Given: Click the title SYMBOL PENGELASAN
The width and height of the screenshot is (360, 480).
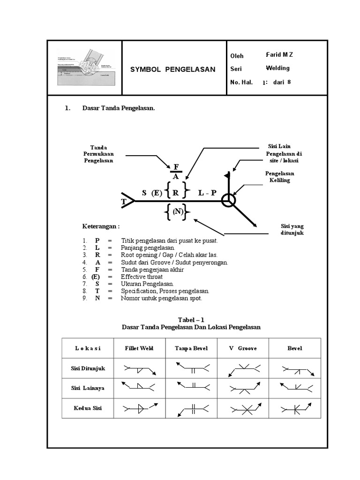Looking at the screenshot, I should [x=172, y=69].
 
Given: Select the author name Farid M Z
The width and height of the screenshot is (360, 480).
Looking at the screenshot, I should [x=279, y=55].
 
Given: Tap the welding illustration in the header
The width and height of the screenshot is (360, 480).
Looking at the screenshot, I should [x=84, y=68].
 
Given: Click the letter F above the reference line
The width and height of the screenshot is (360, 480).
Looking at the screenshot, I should [x=176, y=167].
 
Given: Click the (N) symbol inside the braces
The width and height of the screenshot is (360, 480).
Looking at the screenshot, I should [x=177, y=212].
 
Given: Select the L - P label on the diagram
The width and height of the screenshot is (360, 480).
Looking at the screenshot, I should [x=207, y=193].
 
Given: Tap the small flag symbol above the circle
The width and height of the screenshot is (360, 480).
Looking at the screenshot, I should [x=228, y=175].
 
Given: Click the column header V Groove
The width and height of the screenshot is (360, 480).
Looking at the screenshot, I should [x=243, y=348].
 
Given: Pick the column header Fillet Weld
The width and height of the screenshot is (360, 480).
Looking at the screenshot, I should [x=138, y=348].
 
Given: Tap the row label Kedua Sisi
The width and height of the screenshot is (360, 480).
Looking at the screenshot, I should [x=84, y=408].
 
